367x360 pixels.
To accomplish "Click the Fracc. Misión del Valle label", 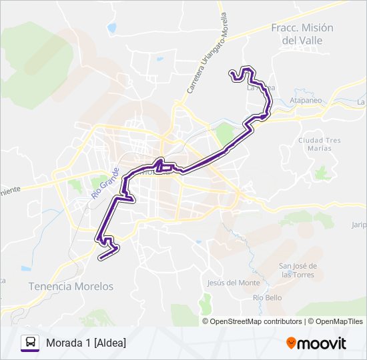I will coord(302,34).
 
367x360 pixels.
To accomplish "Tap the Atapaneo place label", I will coord(307,101).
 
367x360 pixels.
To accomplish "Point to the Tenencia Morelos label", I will coord(71,286).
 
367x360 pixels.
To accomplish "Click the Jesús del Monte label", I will coord(234,282).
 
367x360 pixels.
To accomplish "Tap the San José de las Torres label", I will coord(298,270).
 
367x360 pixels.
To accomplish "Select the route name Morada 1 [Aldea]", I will coord(86,343).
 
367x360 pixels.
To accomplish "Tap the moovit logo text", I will coord(323,343).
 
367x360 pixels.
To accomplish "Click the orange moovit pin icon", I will coord(291,343).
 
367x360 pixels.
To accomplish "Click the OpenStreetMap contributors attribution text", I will coord(256,321).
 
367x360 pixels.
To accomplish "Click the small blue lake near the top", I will coord(111,29).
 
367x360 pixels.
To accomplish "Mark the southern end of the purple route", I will coord(100,256).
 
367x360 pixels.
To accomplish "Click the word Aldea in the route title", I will coord(110,343).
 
